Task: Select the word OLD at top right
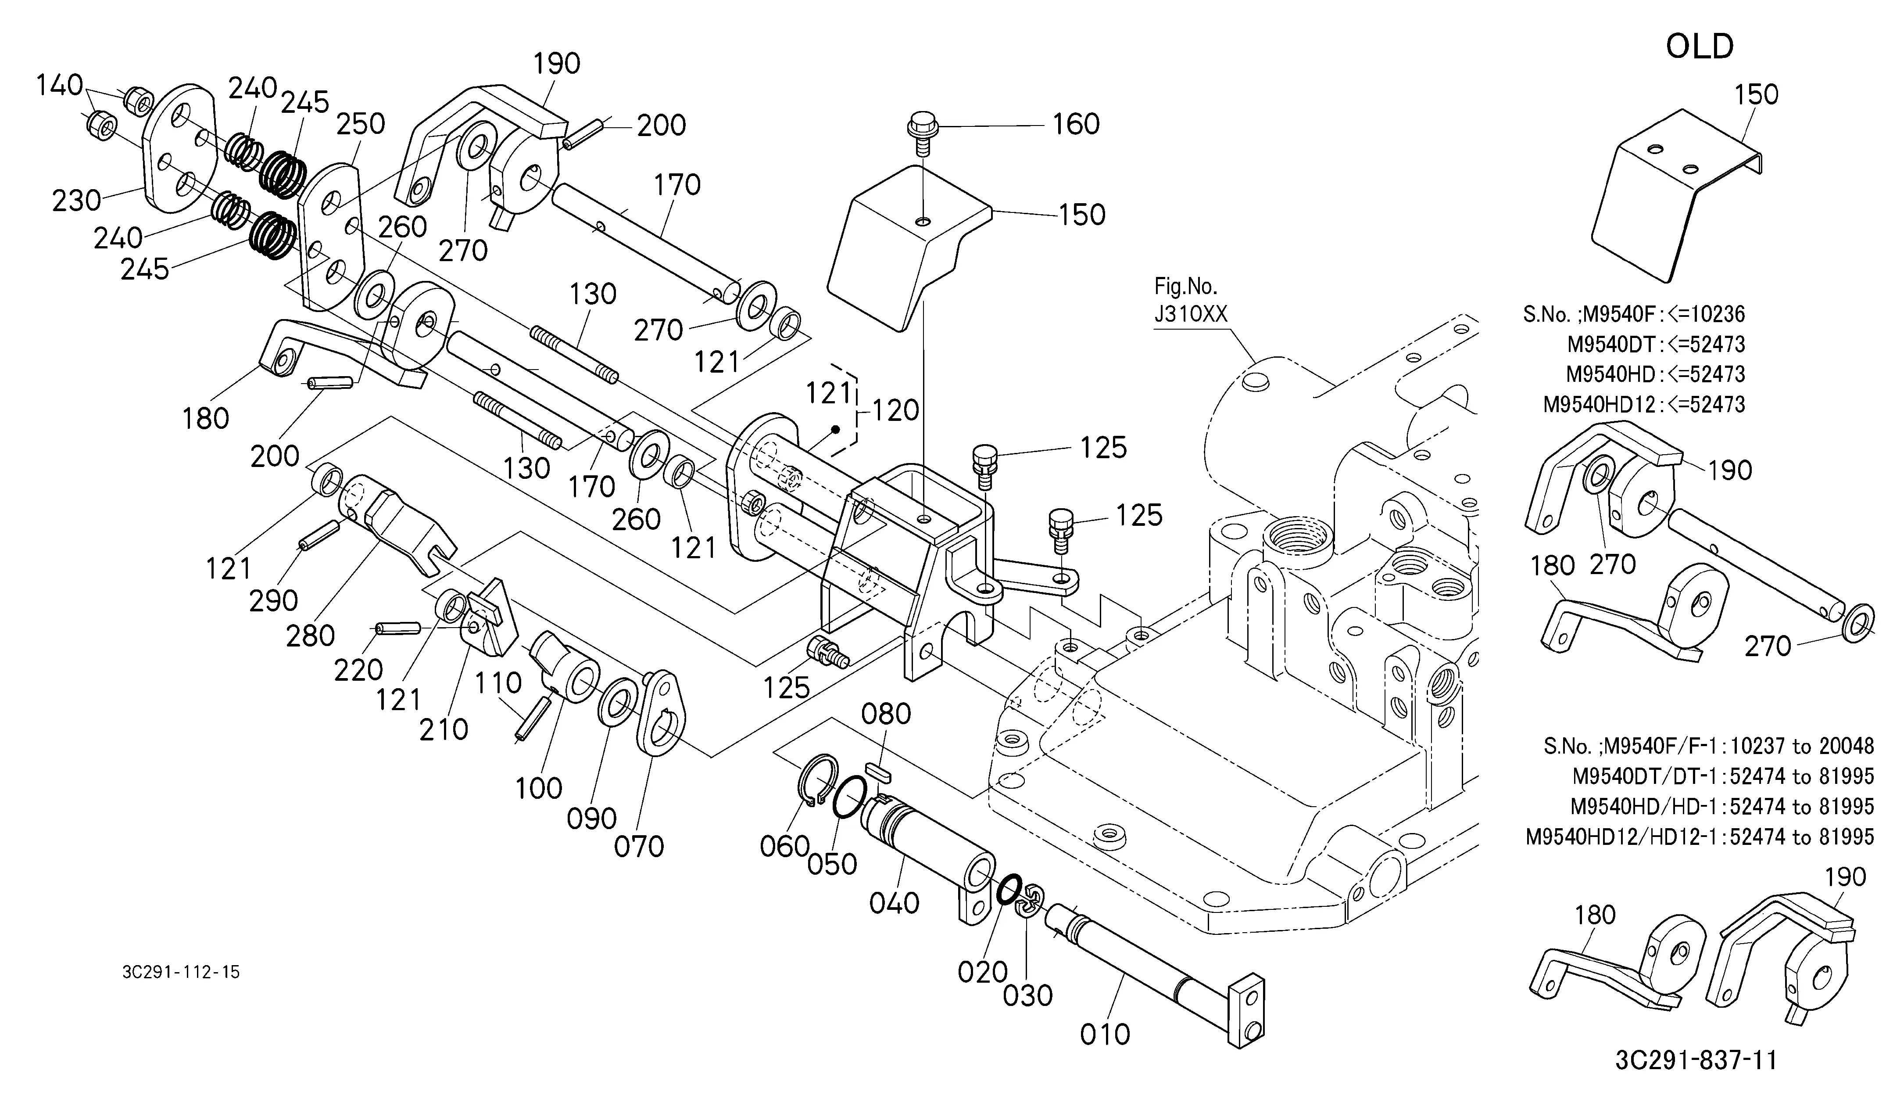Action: pos(1700,47)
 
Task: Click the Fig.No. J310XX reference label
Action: pos(1191,299)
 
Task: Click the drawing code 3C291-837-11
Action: pos(1696,1060)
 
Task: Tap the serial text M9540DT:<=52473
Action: pos(1656,345)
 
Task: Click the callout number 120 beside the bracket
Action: pos(895,410)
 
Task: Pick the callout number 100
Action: pos(538,788)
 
